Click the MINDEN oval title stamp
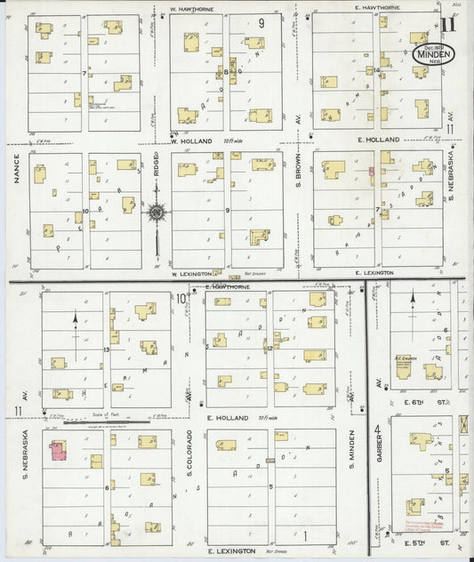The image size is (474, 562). (x=434, y=52)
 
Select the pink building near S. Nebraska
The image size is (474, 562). (x=58, y=451)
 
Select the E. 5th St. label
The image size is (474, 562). (x=417, y=542)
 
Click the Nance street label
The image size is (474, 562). (x=16, y=170)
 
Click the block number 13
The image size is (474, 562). (x=106, y=351)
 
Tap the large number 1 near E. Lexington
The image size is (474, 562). (x=305, y=534)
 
